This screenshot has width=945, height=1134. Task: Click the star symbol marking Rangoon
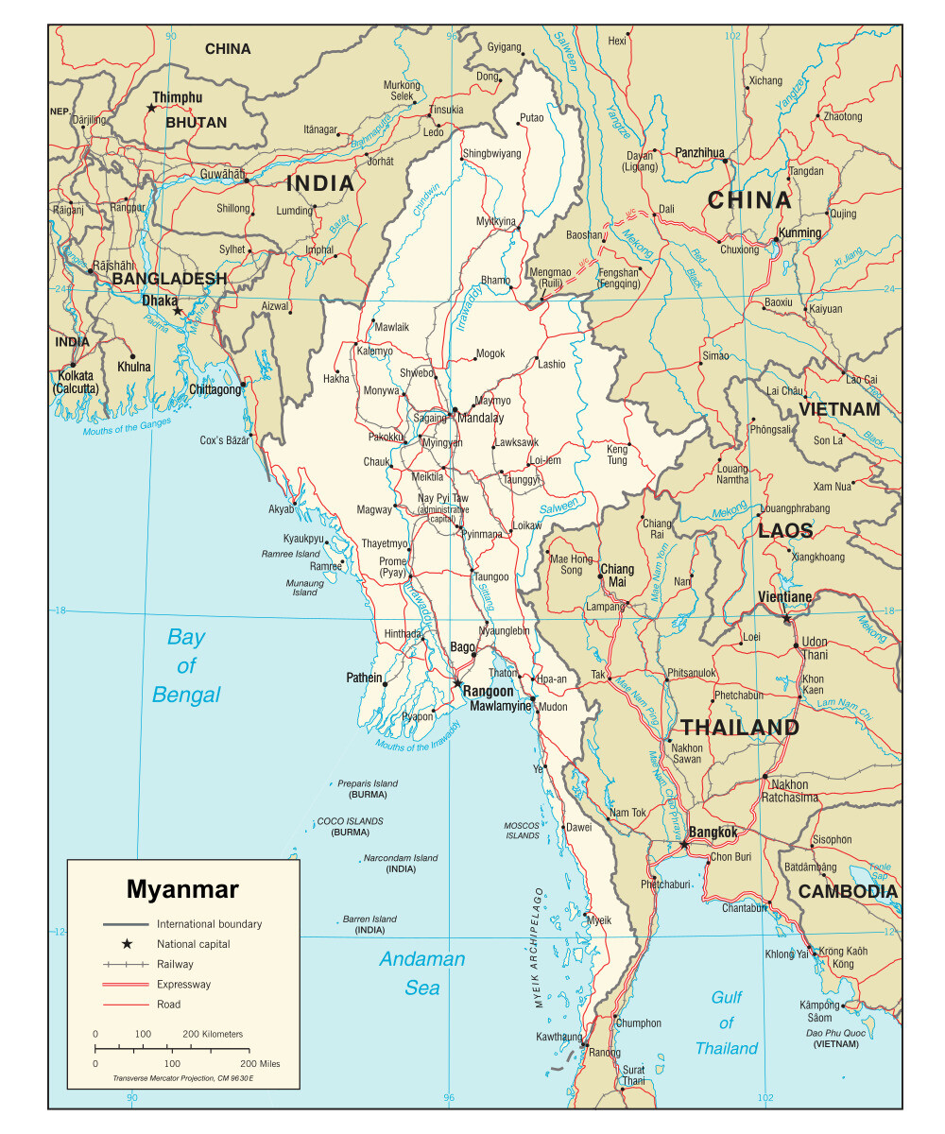tap(457, 683)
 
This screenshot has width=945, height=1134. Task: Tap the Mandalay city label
tap(480, 418)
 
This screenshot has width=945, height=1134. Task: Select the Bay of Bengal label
tap(186, 665)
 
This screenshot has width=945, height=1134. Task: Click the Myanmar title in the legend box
tap(182, 889)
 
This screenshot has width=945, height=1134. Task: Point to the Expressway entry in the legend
tap(184, 984)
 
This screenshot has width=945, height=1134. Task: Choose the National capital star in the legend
tap(126, 943)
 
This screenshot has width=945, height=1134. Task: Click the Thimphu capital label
tap(177, 97)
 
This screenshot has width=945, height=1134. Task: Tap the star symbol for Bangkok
tap(684, 842)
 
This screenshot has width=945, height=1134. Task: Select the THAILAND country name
tap(740, 728)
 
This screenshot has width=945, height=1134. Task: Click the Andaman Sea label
tap(422, 973)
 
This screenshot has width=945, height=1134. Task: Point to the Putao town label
tap(531, 118)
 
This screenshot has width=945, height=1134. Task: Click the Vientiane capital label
tap(784, 597)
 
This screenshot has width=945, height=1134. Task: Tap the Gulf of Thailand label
tap(726, 1022)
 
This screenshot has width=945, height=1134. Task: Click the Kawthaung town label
tap(558, 1037)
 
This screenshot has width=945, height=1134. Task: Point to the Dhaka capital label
tap(159, 301)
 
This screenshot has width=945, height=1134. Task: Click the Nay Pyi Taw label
tap(443, 498)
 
